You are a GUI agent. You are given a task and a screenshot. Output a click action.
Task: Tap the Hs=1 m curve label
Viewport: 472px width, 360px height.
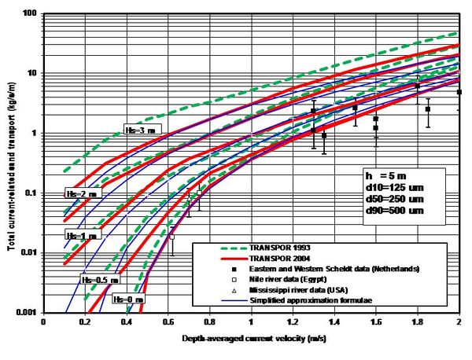point(81,235)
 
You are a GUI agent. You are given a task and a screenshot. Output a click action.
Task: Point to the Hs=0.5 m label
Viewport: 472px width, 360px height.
point(101,278)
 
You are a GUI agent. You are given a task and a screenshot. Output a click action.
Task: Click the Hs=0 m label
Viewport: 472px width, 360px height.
point(127,299)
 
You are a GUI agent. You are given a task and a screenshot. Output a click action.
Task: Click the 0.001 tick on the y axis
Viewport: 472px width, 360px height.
point(28,312)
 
